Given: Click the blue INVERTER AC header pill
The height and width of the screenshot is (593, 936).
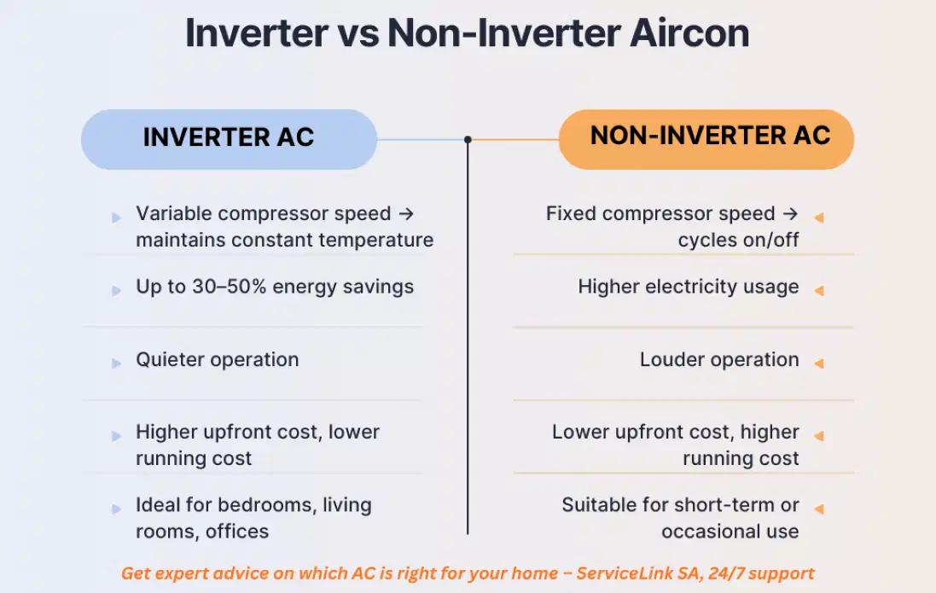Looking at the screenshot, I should point(229,138).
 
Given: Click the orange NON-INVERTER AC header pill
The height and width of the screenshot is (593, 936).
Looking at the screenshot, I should point(706,138).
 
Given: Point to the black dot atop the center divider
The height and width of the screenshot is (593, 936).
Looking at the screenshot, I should point(468,139).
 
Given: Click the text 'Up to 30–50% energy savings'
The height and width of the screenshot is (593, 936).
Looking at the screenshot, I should point(275,287).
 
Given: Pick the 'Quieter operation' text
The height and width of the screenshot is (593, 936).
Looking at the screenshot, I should point(218,359).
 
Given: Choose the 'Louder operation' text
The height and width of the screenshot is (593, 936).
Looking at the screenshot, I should point(719,359).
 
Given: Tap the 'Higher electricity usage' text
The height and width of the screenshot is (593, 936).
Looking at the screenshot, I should point(689,287).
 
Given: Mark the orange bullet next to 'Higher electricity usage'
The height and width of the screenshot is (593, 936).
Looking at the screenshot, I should point(819,291).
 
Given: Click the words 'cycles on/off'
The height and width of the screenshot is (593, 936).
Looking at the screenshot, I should point(738,240).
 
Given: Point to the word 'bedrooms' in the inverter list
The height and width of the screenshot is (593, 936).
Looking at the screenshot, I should point(272,504).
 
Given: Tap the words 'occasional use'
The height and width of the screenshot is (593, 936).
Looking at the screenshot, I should point(730,531).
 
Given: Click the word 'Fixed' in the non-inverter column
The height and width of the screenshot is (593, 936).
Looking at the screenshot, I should point(570,213).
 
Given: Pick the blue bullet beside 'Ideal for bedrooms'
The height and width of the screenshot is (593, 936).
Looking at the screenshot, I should point(116,509).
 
